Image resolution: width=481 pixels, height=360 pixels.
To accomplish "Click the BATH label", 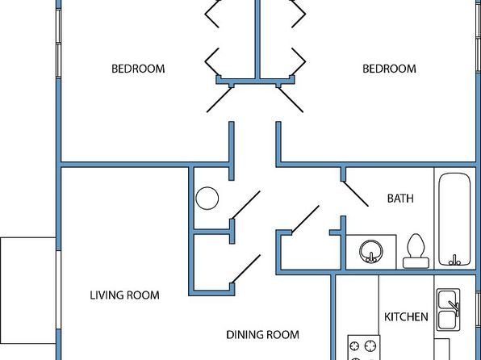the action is (400, 199).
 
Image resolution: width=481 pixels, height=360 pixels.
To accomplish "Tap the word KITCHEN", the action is (406, 316).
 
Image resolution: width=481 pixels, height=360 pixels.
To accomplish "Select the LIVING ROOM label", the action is (124, 295).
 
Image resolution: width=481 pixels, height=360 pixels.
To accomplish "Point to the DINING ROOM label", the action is (262, 334).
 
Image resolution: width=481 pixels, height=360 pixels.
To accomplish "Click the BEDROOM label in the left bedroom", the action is (138, 69).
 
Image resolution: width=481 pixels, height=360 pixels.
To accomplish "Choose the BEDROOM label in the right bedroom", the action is (389, 69).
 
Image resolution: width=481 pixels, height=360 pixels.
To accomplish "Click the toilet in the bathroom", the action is (416, 251).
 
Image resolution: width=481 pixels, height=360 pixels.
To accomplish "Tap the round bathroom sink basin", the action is (371, 251).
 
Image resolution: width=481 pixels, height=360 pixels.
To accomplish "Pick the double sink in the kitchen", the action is (448, 309).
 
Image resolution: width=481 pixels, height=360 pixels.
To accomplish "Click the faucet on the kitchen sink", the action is (454, 307).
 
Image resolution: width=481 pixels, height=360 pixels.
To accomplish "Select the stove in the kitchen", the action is (364, 348).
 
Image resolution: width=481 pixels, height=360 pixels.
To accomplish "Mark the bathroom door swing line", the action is (355, 194).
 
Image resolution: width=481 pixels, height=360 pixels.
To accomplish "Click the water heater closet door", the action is (246, 205).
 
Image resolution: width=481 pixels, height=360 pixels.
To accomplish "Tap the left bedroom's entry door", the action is (220, 100).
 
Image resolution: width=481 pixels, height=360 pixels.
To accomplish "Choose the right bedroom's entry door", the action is (291, 100).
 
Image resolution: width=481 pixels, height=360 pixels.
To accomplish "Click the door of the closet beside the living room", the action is (246, 269).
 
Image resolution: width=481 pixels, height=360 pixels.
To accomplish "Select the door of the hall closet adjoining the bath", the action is (305, 220).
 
